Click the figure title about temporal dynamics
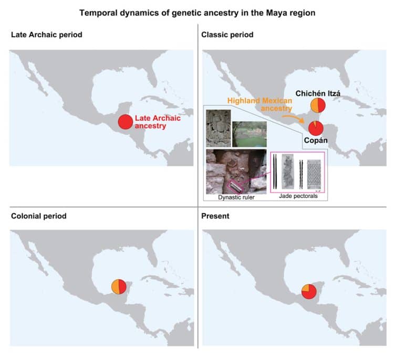pos(197,13)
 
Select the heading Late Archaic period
pos(46,35)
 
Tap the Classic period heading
pos(227,35)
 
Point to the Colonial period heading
pos(39,216)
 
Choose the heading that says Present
pos(215,216)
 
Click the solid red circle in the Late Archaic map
pos(126,122)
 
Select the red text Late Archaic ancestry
pos(158,122)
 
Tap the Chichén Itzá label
pos(318,93)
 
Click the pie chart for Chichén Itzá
pos(318,105)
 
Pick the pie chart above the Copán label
pos(316,128)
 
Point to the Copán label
pos(316,140)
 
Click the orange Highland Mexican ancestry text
pos(260,104)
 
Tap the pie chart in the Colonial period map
pos(119,287)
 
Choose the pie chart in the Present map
pos(309,292)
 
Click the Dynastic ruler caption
pos(236,197)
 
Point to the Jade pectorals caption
pos(298,196)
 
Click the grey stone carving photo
pos(219,128)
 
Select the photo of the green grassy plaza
pos(249,134)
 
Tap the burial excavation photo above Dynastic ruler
pos(236,172)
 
